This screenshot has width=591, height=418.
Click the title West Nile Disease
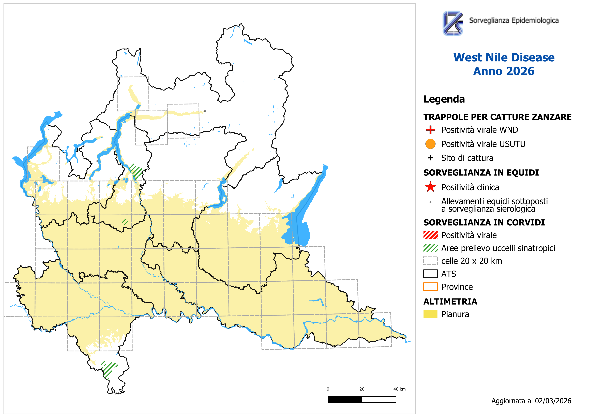point(504,57)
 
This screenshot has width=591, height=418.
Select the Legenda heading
point(444,99)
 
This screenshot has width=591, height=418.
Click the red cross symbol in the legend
point(430,130)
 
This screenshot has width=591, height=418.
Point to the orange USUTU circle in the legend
point(430,144)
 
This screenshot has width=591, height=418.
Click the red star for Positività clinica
point(430,187)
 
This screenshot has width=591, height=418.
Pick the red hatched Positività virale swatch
point(430,235)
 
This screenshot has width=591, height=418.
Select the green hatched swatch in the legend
point(430,248)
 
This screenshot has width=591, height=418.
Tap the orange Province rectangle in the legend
point(430,287)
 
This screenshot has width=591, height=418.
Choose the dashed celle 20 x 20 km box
point(430,261)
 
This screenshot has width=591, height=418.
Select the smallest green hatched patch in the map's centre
point(125,222)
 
